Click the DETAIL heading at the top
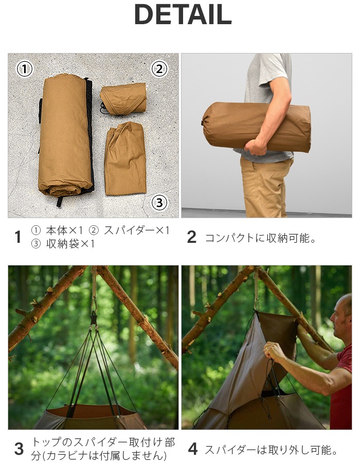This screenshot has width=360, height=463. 183,15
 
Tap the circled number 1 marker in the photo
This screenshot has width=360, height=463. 25,68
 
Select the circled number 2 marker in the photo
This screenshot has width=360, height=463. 159,68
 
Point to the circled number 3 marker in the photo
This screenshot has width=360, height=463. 159,203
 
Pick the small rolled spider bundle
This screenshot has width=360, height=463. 123,98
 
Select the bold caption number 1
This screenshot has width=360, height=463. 18,237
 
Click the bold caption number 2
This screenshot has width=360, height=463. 191,237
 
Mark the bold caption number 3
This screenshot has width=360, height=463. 19,449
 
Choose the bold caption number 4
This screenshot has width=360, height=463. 192,449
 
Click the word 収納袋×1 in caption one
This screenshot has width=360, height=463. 70,244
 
